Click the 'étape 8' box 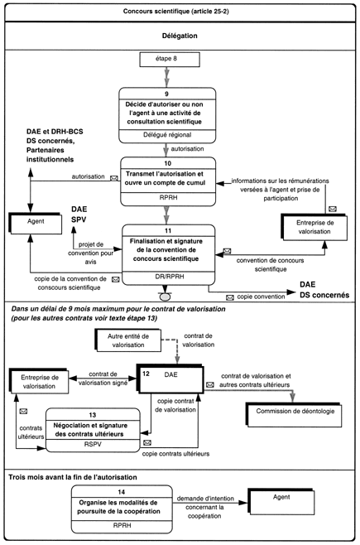coord(170,59)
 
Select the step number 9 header coord(166,94)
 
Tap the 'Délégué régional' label coord(167,135)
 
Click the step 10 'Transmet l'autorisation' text coord(165,178)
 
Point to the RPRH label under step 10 coord(168,197)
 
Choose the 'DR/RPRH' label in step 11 coord(170,277)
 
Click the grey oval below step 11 coord(165,297)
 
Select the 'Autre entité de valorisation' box coord(127,340)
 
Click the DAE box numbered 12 coord(170,379)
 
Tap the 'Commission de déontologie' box coord(295,415)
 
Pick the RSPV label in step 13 coord(93,444)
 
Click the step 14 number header coord(121,492)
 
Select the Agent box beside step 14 coord(281,502)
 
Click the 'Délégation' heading coord(180,36)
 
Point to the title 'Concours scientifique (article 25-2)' coord(176,11)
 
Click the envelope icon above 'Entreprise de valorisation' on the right coord(332,209)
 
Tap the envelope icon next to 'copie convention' coord(230,297)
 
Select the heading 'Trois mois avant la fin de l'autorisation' coord(73,477)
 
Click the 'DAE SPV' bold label coord(79,215)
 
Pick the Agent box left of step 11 coord(36,223)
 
